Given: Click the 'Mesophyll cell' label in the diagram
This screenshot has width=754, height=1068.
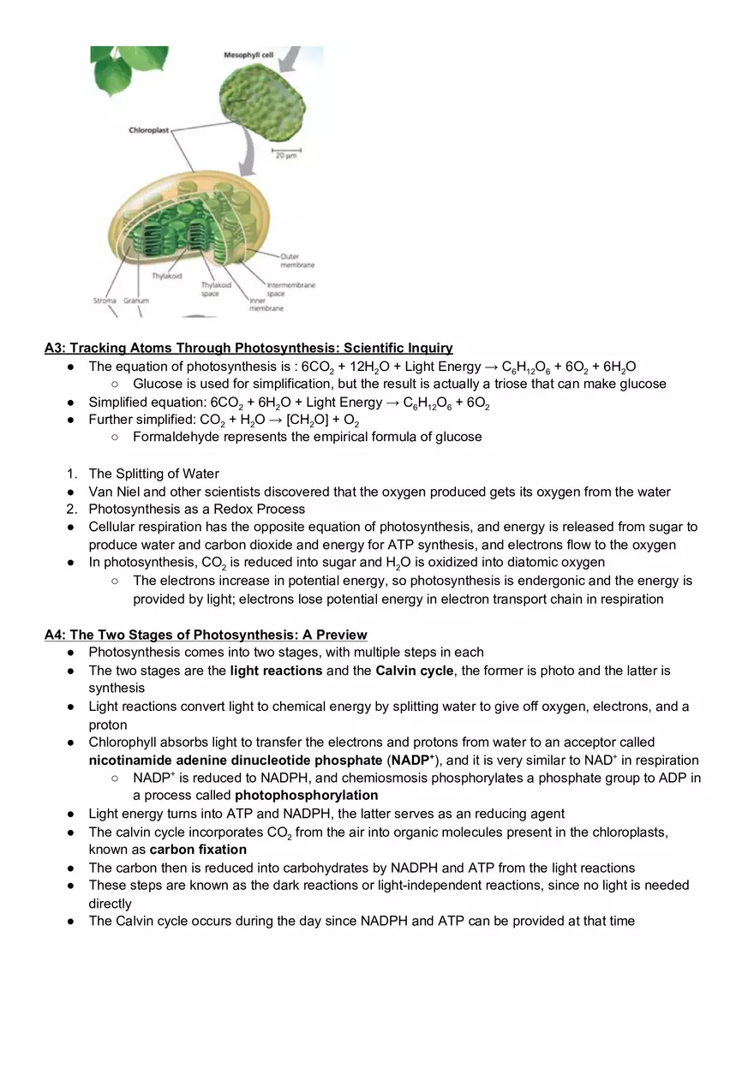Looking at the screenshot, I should (248, 55).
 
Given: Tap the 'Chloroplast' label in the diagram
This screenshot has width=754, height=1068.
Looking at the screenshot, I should (149, 130).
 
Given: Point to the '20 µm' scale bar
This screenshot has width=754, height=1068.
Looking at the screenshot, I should (285, 155).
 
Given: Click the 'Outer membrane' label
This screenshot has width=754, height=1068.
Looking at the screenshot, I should (296, 260).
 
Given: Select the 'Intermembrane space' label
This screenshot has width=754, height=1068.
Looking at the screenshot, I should (290, 289).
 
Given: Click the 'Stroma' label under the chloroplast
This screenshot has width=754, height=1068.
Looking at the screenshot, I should (105, 301).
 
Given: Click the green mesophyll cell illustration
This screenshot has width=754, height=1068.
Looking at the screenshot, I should (260, 102).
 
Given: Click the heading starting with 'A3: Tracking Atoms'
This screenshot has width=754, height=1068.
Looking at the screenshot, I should (248, 348).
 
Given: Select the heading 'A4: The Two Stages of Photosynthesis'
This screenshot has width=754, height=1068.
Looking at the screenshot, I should (206, 635).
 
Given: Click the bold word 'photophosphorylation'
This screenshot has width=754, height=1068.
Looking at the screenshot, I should (306, 795).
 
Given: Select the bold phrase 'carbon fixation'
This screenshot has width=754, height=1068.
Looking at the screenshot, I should (198, 850).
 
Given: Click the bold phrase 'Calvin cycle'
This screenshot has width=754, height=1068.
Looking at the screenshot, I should (414, 670).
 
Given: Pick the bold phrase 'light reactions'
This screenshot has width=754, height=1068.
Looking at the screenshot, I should (276, 670).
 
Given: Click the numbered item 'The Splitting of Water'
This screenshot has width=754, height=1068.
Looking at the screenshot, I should (153, 474).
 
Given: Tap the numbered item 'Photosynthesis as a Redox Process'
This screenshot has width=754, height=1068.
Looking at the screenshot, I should (196, 509).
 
